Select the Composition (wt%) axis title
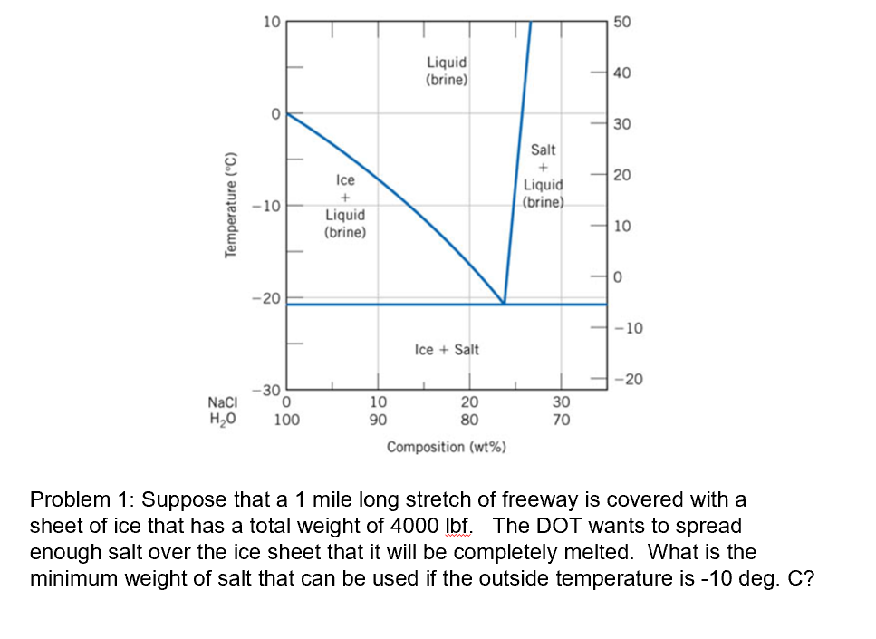coord(446,447)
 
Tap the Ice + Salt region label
coord(447,349)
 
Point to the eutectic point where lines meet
coord(504,304)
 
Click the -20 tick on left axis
coord(268,298)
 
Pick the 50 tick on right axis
coord(622,22)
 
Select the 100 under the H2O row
coord(287,420)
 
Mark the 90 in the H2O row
coord(379,420)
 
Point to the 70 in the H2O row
coord(562,420)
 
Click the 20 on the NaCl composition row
coord(469,402)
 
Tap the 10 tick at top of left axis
coord(271,22)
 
